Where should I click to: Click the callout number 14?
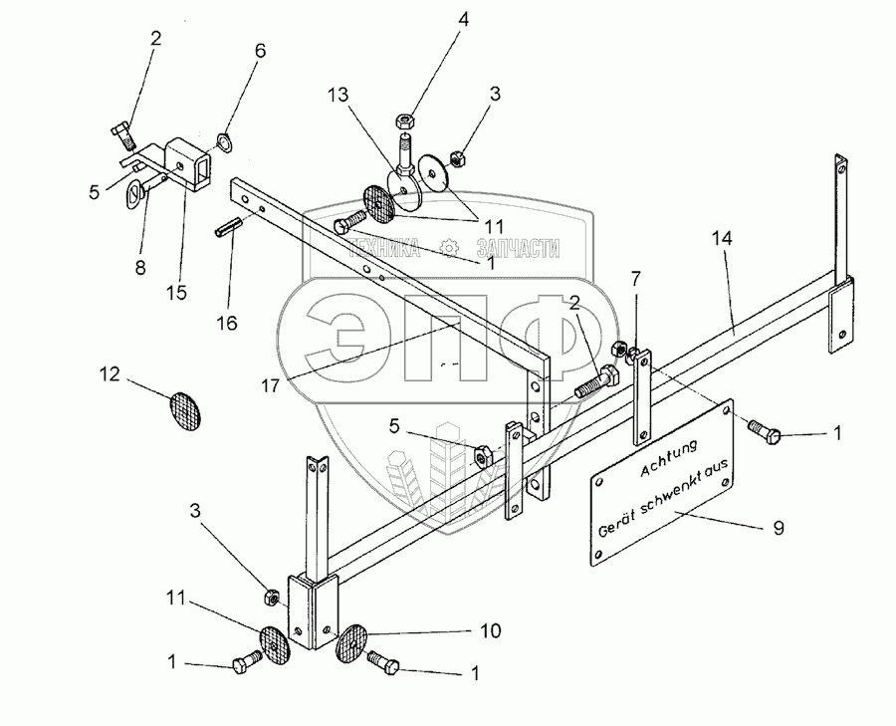723,239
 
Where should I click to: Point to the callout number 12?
110,375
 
